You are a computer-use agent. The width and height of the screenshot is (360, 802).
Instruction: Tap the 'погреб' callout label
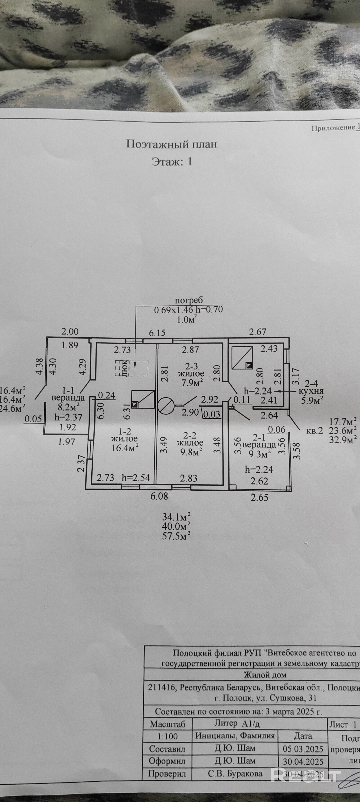click(189, 300)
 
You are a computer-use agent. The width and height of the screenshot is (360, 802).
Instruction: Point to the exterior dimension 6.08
click(159, 496)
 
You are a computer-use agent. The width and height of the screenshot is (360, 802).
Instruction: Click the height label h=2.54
click(136, 478)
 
